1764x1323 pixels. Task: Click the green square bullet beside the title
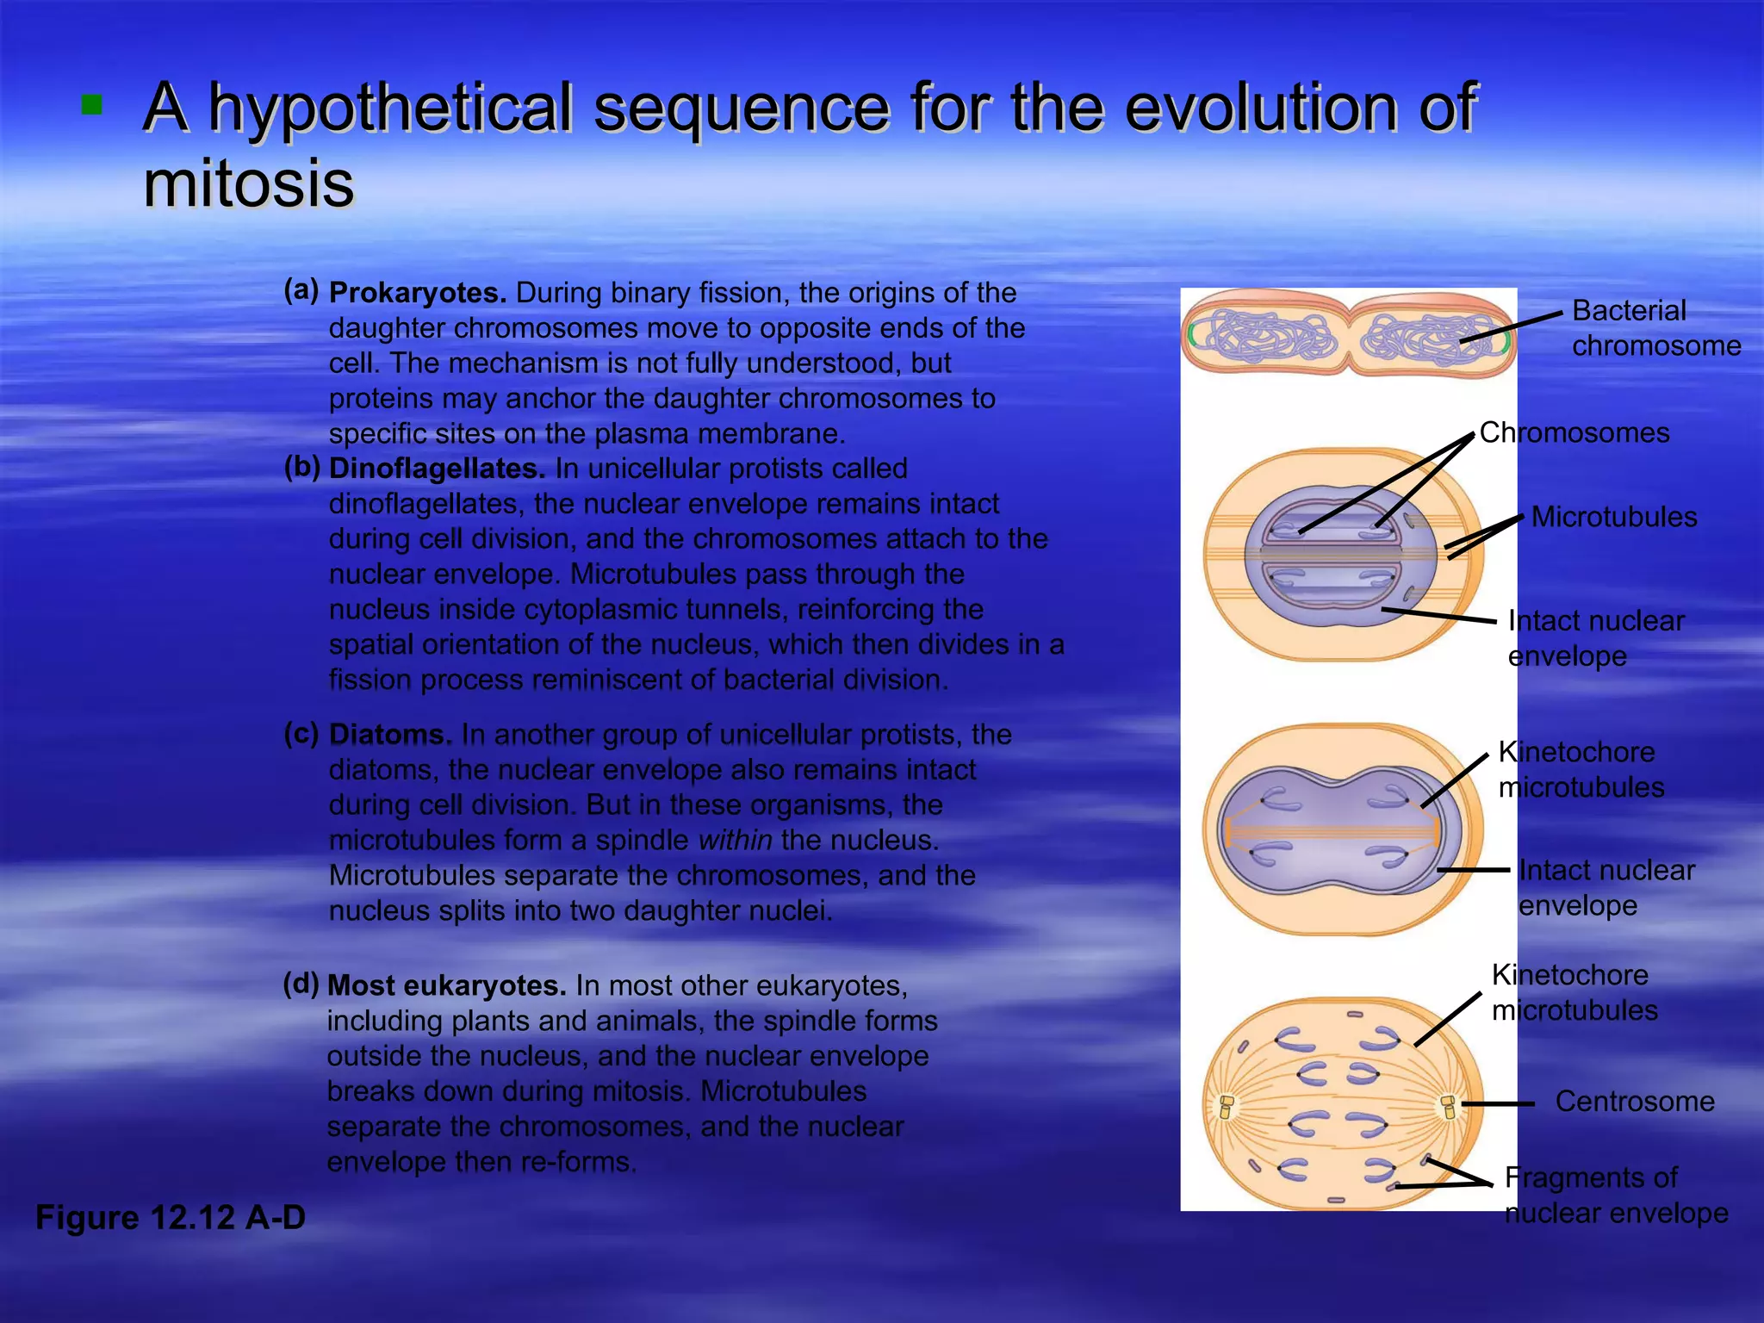91,105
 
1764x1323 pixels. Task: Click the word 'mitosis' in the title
248,183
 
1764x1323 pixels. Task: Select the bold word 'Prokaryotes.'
418,293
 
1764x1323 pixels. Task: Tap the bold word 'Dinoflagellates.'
437,469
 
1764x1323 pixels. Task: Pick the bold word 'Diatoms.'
390,735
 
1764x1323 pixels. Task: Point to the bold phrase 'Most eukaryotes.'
446,985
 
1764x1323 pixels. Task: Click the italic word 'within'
735,840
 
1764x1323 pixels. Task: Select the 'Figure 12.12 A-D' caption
171,1217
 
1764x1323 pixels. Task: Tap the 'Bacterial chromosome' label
1655,328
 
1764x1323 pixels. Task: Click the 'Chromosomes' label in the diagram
1575,432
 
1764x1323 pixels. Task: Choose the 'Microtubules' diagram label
1614,517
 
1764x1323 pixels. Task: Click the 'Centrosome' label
1635,1102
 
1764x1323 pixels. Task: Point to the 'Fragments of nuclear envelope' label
1616,1196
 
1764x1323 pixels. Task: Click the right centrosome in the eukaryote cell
1449,1106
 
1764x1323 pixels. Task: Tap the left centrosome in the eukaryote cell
1227,1106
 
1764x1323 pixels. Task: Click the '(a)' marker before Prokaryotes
301,290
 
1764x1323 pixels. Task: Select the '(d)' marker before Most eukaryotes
301,983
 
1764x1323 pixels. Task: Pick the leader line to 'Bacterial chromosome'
1512,328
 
